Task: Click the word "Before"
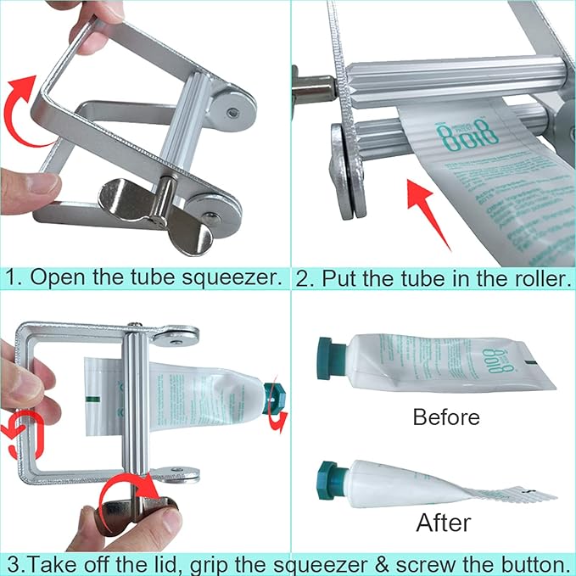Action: click(445, 417)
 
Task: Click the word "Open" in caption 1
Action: click(50, 278)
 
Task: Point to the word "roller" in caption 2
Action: click(536, 278)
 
